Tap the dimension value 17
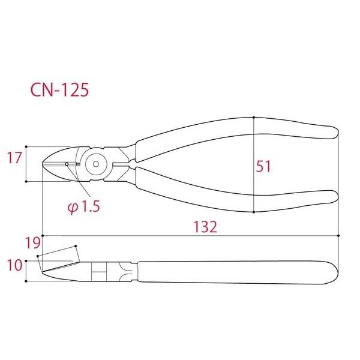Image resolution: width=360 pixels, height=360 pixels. pyautogui.click(x=14, y=158)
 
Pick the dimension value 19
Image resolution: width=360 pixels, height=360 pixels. pyautogui.click(x=33, y=243)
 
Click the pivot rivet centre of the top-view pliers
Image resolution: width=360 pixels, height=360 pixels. pyautogui.click(x=95, y=163)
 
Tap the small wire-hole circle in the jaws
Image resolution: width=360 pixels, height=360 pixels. pyautogui.click(x=67, y=163)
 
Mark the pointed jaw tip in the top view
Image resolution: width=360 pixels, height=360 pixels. pyautogui.click(x=44, y=163)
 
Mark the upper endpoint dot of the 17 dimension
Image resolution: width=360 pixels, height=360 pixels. pyautogui.click(x=28, y=146)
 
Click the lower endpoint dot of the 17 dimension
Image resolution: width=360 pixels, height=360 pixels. pyautogui.click(x=28, y=179)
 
